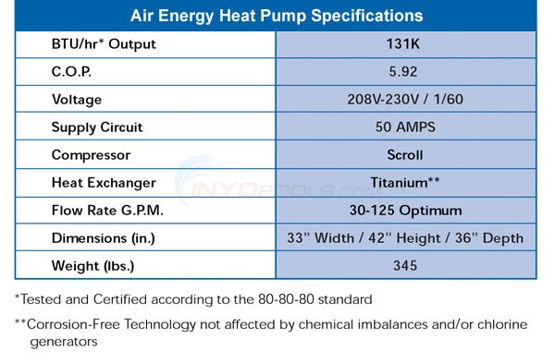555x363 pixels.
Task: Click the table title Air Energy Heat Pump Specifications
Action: pyautogui.click(x=277, y=16)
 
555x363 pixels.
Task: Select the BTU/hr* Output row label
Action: pyautogui.click(x=105, y=44)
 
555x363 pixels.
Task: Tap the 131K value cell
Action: pyautogui.click(x=404, y=44)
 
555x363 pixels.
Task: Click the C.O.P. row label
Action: pyautogui.click(x=71, y=72)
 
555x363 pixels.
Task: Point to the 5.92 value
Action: pyautogui.click(x=404, y=72)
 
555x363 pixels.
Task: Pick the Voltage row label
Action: pyautogui.click(x=77, y=100)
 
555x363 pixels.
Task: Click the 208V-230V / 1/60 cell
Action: pyautogui.click(x=404, y=100)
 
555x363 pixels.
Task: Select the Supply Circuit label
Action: pyautogui.click(x=98, y=127)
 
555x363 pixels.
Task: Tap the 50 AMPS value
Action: pyautogui.click(x=404, y=127)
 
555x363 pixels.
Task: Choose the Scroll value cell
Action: pyautogui.click(x=404, y=155)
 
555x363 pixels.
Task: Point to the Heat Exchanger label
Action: pyautogui.click(x=104, y=183)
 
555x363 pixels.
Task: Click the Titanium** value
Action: pyautogui.click(x=404, y=183)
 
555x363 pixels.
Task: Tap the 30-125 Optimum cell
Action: pyautogui.click(x=404, y=211)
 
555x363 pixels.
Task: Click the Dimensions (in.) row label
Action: pyautogui.click(x=104, y=238)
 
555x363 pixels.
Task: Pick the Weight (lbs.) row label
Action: pyautogui.click(x=92, y=266)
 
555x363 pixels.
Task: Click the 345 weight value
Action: pyautogui.click(x=404, y=266)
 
